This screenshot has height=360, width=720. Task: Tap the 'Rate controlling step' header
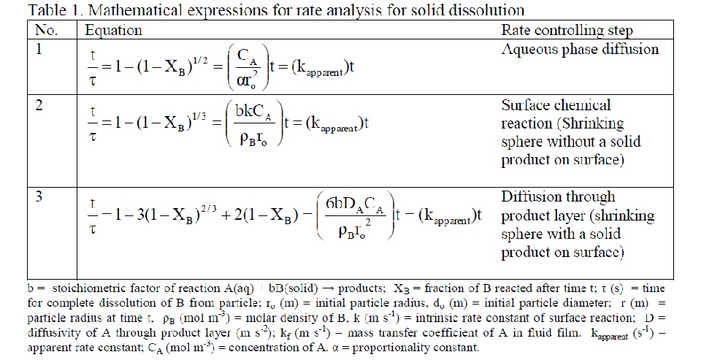(x=567, y=31)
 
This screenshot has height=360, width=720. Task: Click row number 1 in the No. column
(x=39, y=50)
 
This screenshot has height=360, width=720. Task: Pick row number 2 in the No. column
(x=40, y=106)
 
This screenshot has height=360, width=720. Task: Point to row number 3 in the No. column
(x=40, y=197)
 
